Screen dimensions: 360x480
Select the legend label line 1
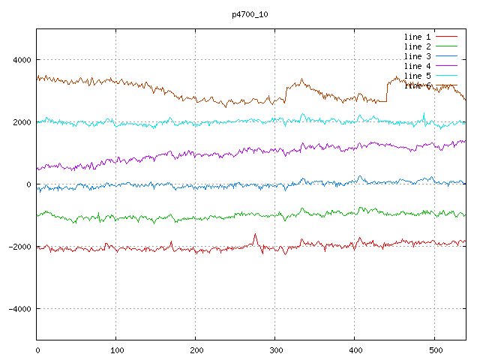[418, 37]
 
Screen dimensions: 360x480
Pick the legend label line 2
[418, 46]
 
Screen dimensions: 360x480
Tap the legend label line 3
[418, 56]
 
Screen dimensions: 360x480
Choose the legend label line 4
[418, 66]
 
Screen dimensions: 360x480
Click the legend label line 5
[418, 76]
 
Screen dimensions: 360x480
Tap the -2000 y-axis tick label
[19, 247]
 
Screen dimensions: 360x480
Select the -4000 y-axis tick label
[19, 309]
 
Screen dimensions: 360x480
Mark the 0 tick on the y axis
[28, 184]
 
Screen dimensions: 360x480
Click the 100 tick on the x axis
[116, 349]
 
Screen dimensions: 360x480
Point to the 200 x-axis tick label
[196, 349]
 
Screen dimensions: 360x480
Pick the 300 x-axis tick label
[275, 349]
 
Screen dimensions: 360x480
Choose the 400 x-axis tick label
[355, 349]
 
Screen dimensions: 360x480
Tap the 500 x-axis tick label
[434, 349]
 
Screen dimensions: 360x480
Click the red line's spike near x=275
[255, 235]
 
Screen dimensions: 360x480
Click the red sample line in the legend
[447, 37]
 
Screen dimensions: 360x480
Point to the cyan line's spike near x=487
[424, 114]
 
